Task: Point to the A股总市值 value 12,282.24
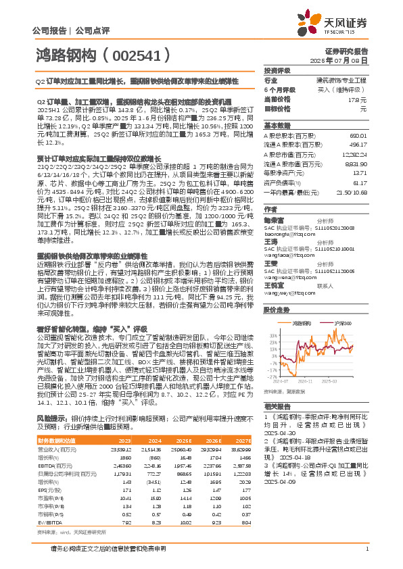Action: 353,154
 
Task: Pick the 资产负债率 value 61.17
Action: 359,183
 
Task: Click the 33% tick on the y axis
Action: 272,335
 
